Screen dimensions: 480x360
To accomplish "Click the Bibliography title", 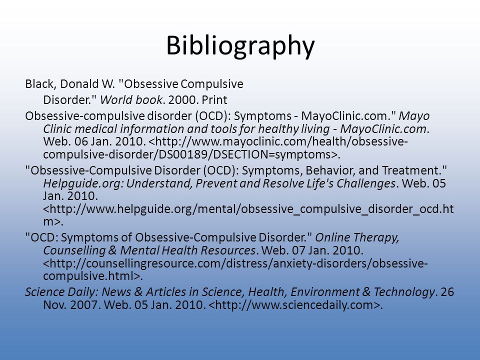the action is [240, 46].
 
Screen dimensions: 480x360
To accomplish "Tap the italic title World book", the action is [130, 100].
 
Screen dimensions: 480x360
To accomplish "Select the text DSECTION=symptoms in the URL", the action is [272, 154].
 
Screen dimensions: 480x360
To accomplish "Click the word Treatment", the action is [411, 170].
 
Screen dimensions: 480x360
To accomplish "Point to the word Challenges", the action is [366, 183].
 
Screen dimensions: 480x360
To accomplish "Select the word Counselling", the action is [74, 250].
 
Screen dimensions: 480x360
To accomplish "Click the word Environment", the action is [325, 292].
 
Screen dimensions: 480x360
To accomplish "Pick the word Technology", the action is [404, 292].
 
